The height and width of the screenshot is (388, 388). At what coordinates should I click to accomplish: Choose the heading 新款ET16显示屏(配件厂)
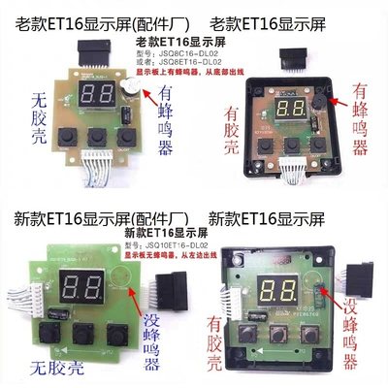[x=97, y=218]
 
